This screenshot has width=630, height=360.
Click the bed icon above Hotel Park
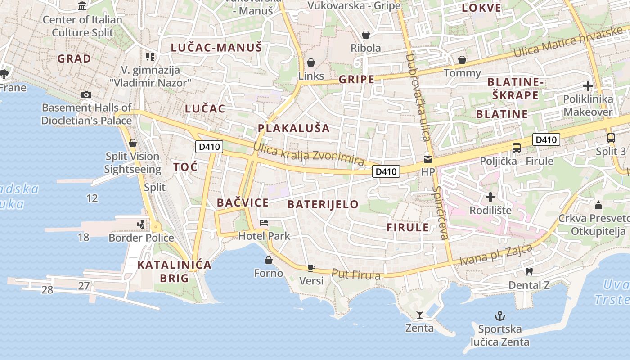click(264, 223)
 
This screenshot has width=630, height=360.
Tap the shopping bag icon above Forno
click(269, 260)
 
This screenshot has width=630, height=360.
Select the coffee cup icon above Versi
click(311, 268)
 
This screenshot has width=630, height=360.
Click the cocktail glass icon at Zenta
click(420, 314)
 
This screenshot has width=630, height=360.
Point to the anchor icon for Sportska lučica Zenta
click(499, 315)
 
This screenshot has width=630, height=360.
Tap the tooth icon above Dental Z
click(529, 271)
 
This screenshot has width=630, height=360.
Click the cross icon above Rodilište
click(490, 197)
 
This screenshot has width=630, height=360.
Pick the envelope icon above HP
click(427, 158)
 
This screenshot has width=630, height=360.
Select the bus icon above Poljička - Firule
click(517, 148)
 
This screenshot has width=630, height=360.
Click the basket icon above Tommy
click(462, 60)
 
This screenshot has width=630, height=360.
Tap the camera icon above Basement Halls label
click(86, 94)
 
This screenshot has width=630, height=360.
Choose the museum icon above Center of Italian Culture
click(82, 6)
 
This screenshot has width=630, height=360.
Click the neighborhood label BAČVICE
click(243, 202)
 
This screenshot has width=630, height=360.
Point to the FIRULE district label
click(408, 227)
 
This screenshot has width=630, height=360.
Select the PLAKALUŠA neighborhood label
click(294, 128)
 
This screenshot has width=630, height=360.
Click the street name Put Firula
click(356, 274)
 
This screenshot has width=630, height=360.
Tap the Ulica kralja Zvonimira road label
click(309, 154)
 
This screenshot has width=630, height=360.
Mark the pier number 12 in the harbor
click(92, 198)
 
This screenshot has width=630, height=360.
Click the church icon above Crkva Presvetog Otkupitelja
click(598, 205)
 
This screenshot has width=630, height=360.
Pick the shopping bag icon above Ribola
click(366, 35)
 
